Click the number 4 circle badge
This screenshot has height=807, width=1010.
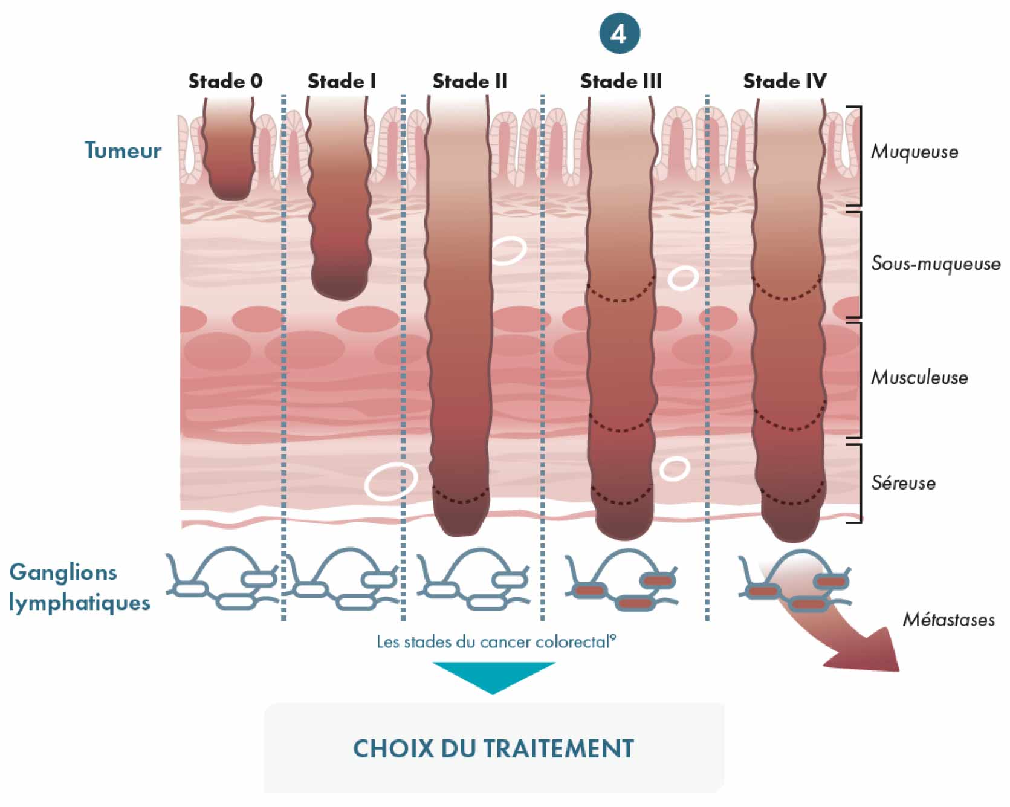click(x=619, y=33)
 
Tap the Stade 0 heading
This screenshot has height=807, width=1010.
click(x=225, y=81)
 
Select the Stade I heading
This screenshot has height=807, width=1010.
click(x=342, y=81)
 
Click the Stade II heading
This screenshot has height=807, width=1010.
click(x=470, y=81)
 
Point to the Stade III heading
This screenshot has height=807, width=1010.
click(x=621, y=81)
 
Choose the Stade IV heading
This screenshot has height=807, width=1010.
click(x=785, y=81)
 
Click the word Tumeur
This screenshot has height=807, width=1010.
click(x=123, y=151)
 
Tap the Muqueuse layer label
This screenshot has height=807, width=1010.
click(x=915, y=152)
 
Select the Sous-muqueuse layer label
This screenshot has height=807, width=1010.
click(x=936, y=264)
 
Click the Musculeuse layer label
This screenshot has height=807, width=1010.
click(x=919, y=378)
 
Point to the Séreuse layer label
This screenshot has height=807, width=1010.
click(x=903, y=482)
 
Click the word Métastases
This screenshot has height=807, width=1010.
click(x=948, y=620)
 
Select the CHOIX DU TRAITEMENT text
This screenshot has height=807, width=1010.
click(x=493, y=749)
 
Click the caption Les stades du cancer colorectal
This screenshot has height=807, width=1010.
click(x=496, y=641)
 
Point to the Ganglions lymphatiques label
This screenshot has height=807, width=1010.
click(x=79, y=587)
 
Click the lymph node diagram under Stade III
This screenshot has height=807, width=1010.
click(x=621, y=580)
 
